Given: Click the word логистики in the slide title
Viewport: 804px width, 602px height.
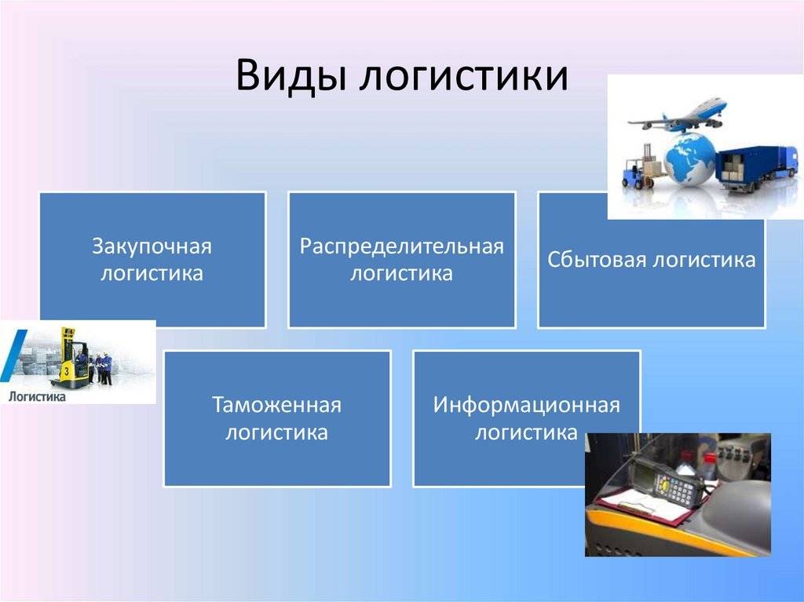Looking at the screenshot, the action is [x=463, y=76].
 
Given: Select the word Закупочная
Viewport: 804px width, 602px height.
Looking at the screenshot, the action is [x=152, y=246].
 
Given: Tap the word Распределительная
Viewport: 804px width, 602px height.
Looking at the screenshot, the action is [x=401, y=246].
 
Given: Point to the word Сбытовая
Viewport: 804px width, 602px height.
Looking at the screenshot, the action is [x=597, y=260].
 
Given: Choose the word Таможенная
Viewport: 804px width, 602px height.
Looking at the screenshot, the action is [x=277, y=405].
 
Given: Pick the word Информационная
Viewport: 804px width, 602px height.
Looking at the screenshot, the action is [x=527, y=405].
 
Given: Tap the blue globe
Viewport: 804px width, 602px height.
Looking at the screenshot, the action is [x=689, y=159].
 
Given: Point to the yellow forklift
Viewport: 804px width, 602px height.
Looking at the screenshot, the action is [x=70, y=359].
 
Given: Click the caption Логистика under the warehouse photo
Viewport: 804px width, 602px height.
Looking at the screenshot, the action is [x=37, y=396].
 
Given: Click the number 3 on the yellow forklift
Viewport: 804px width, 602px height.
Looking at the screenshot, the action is [x=66, y=371].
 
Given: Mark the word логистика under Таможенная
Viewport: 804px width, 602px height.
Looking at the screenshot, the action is [x=277, y=432].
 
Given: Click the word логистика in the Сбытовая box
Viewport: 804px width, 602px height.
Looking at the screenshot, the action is [x=704, y=260].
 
